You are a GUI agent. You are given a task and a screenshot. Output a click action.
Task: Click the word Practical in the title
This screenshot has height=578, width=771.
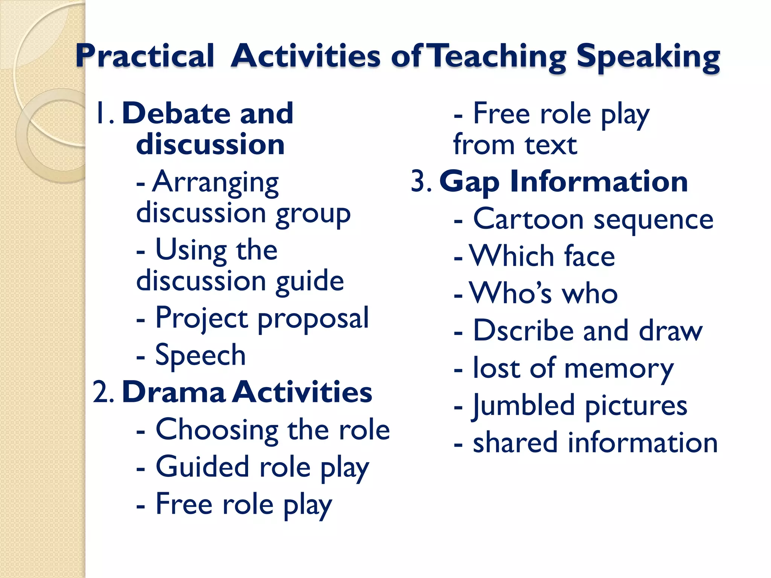(x=145, y=56)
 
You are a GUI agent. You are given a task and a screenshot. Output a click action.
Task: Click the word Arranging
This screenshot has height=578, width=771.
(x=215, y=183)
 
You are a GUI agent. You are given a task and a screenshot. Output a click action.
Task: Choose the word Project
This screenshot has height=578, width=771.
(x=202, y=318)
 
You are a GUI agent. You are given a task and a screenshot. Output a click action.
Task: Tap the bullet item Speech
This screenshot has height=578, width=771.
(x=200, y=355)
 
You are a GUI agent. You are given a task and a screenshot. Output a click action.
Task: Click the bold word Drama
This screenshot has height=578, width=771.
(x=174, y=392)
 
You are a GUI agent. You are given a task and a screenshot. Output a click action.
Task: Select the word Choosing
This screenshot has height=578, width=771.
(x=217, y=430)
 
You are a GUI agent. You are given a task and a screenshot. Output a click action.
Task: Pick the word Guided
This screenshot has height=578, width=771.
(x=203, y=467)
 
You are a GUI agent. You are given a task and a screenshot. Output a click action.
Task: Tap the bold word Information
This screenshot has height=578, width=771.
(x=599, y=182)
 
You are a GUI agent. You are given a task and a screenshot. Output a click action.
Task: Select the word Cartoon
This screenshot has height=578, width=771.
(x=528, y=219)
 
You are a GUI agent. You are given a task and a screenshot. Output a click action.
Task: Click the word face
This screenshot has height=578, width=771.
(x=590, y=256)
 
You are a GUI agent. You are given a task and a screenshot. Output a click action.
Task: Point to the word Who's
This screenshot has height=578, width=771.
(x=511, y=293)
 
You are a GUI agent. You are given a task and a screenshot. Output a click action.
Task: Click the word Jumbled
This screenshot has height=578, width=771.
(x=524, y=406)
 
